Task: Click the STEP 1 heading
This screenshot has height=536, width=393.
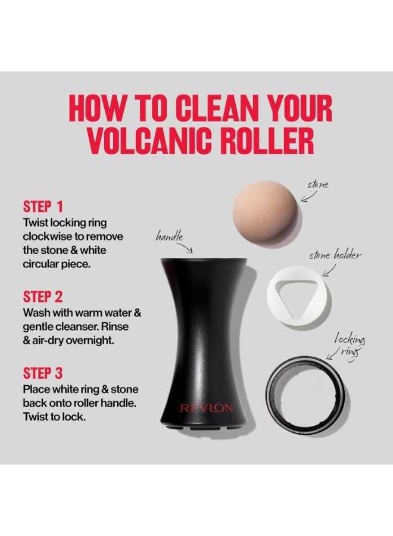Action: coord(43,207)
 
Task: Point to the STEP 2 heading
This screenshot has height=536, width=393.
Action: coord(43,297)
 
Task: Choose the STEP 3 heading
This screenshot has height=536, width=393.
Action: coord(43,374)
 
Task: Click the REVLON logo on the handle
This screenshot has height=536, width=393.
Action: coord(207,409)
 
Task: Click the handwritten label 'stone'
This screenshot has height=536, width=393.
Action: coord(317,185)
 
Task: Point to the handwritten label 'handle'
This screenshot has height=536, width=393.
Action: coord(169,236)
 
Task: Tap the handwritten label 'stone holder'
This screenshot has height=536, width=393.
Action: coord(334,255)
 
